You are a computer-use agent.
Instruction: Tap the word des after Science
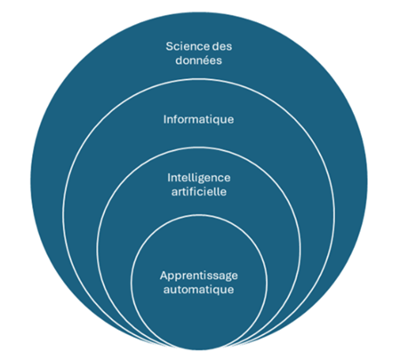(x=222, y=46)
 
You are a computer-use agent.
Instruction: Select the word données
(x=198, y=60)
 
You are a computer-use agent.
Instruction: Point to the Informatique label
(x=198, y=120)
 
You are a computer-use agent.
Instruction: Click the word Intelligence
(x=199, y=179)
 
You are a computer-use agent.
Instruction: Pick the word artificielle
(x=199, y=192)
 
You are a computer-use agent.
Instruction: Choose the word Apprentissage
(x=199, y=276)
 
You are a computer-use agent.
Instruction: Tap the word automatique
(x=199, y=290)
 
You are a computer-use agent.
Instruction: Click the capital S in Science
(x=169, y=46)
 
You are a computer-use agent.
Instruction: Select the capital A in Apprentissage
(x=164, y=276)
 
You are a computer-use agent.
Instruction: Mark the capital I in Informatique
(x=165, y=119)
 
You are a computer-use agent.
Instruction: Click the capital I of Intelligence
(x=169, y=178)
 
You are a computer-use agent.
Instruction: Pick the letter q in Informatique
(x=217, y=121)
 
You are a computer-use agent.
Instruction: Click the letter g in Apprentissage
(x=227, y=277)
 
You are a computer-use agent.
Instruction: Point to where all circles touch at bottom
(x=199, y=349)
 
